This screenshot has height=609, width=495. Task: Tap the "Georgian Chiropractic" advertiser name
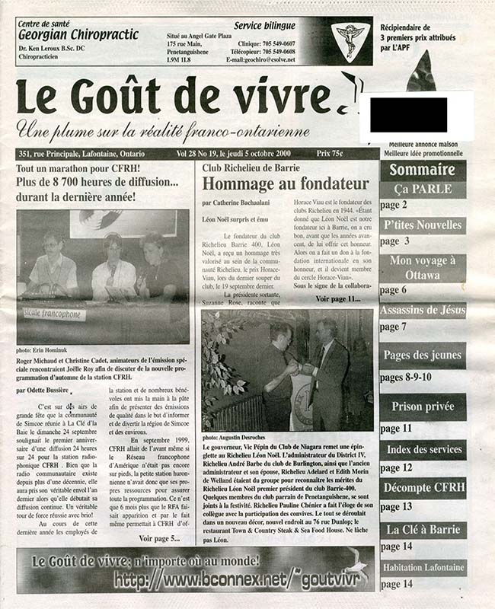[x=78, y=35]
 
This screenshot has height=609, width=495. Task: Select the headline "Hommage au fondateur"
[x=285, y=183]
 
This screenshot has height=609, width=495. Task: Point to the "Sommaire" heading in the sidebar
[x=423, y=170]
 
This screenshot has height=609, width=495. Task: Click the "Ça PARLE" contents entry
[x=423, y=189]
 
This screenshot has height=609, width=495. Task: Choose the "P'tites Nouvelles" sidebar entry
[x=423, y=225]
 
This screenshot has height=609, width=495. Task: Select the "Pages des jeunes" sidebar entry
[x=423, y=355]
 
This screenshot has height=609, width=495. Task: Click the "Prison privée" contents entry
[x=423, y=407]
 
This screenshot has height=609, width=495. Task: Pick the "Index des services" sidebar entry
[x=423, y=449]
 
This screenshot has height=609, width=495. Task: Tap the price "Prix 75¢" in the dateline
[x=353, y=154]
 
